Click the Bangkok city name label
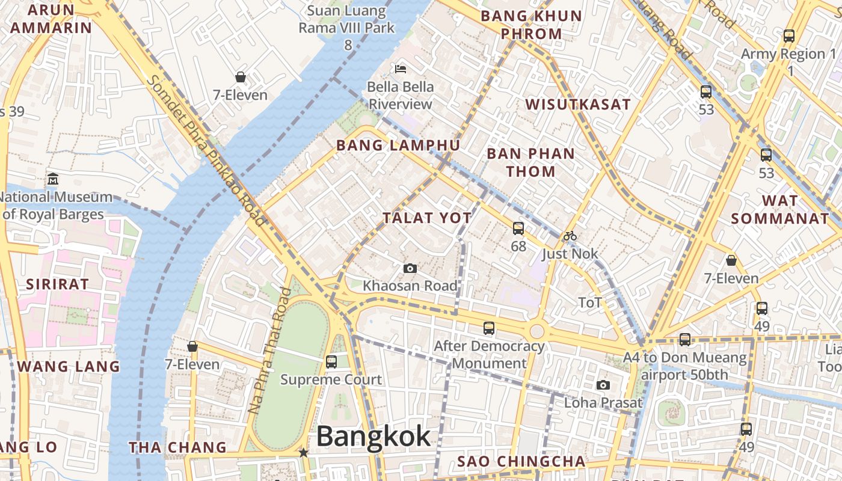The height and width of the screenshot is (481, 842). pos(373,437)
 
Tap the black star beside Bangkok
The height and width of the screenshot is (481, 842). pos(304,452)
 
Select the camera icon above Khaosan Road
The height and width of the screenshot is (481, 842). pos(410,268)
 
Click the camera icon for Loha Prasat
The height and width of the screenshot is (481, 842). pos(603,385)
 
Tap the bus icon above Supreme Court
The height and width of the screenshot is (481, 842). pos(331,362)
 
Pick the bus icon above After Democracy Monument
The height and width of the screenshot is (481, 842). pos(489,328)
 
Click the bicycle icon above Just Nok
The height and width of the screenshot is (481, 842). pos(570,236)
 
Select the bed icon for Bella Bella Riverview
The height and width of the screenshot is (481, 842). pos(401,69)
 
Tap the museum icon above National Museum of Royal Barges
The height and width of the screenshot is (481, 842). pos(53,179)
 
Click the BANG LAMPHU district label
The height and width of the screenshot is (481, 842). pos(398,146)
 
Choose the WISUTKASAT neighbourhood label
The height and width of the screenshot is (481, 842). pos(578,104)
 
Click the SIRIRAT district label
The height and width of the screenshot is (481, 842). pos(57,284)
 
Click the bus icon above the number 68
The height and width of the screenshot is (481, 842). pos(518,228)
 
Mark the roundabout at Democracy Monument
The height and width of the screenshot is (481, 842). pos(537,331)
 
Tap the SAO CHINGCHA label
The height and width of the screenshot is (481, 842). pos(521,461)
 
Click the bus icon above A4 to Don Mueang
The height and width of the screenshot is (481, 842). pos(685,340)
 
